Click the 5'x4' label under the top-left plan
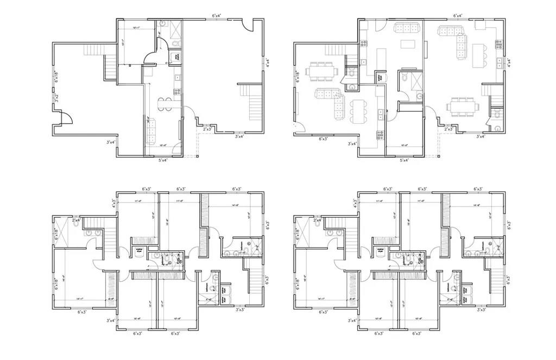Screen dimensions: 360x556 click(163, 160)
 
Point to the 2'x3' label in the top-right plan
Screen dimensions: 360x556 click(448, 129)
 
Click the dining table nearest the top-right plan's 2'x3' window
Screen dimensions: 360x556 click(463, 104)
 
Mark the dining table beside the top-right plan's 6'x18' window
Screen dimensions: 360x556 click(321, 71)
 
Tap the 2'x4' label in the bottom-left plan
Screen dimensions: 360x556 click(75, 220)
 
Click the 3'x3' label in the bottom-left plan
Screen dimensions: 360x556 click(239, 310)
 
